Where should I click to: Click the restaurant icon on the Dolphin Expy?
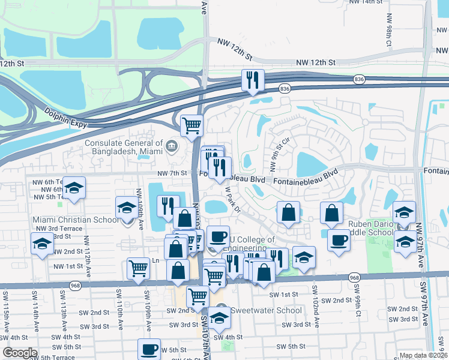click(252, 80)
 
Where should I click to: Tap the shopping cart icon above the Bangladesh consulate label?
click(192, 125)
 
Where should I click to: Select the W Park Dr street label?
click(232, 198)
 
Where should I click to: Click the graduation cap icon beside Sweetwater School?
click(220, 320)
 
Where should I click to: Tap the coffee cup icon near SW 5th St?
click(149, 349)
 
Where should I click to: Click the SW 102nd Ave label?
click(315, 306)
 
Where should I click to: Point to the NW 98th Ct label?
click(389, 36)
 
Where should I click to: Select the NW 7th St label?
click(173, 173)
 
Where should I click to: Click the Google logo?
click(20, 353)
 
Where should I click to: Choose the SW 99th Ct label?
click(358, 306)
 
